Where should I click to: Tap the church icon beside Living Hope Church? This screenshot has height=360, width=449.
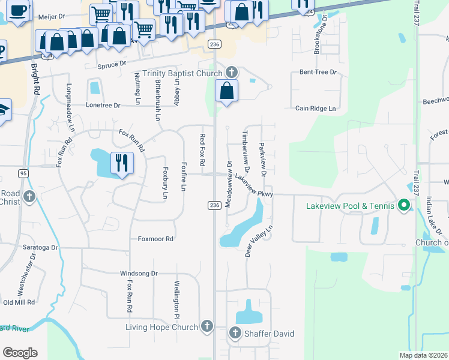(207, 327)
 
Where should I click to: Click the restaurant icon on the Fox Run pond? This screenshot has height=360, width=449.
(122, 163)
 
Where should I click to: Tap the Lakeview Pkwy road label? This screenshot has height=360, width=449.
(254, 185)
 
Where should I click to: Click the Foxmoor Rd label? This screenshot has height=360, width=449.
(155, 239)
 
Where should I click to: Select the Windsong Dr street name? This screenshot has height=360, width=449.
(139, 274)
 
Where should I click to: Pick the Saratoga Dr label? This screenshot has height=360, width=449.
(37, 247)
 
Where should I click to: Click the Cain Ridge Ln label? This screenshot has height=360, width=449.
(315, 109)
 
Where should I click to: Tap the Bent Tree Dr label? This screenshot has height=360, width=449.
(318, 73)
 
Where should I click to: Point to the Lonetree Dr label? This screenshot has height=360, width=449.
(103, 105)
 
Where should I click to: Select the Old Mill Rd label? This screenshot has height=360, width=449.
(20, 302)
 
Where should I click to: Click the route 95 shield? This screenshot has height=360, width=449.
(23, 173)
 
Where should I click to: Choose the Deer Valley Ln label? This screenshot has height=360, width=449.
(258, 241)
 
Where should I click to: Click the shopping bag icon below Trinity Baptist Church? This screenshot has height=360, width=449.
(227, 91)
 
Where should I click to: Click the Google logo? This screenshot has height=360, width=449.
(20, 352)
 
